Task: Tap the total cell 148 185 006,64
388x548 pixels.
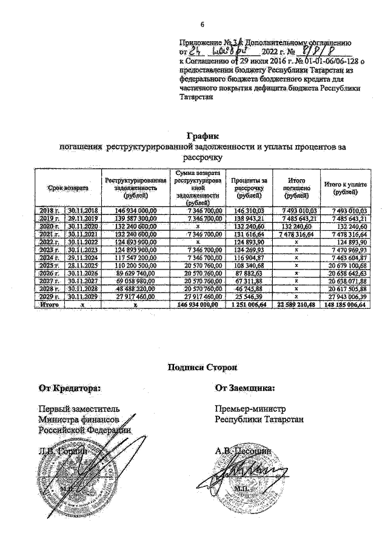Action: point(344,305)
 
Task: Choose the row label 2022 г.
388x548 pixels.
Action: point(48,242)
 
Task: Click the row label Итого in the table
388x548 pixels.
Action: point(48,305)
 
